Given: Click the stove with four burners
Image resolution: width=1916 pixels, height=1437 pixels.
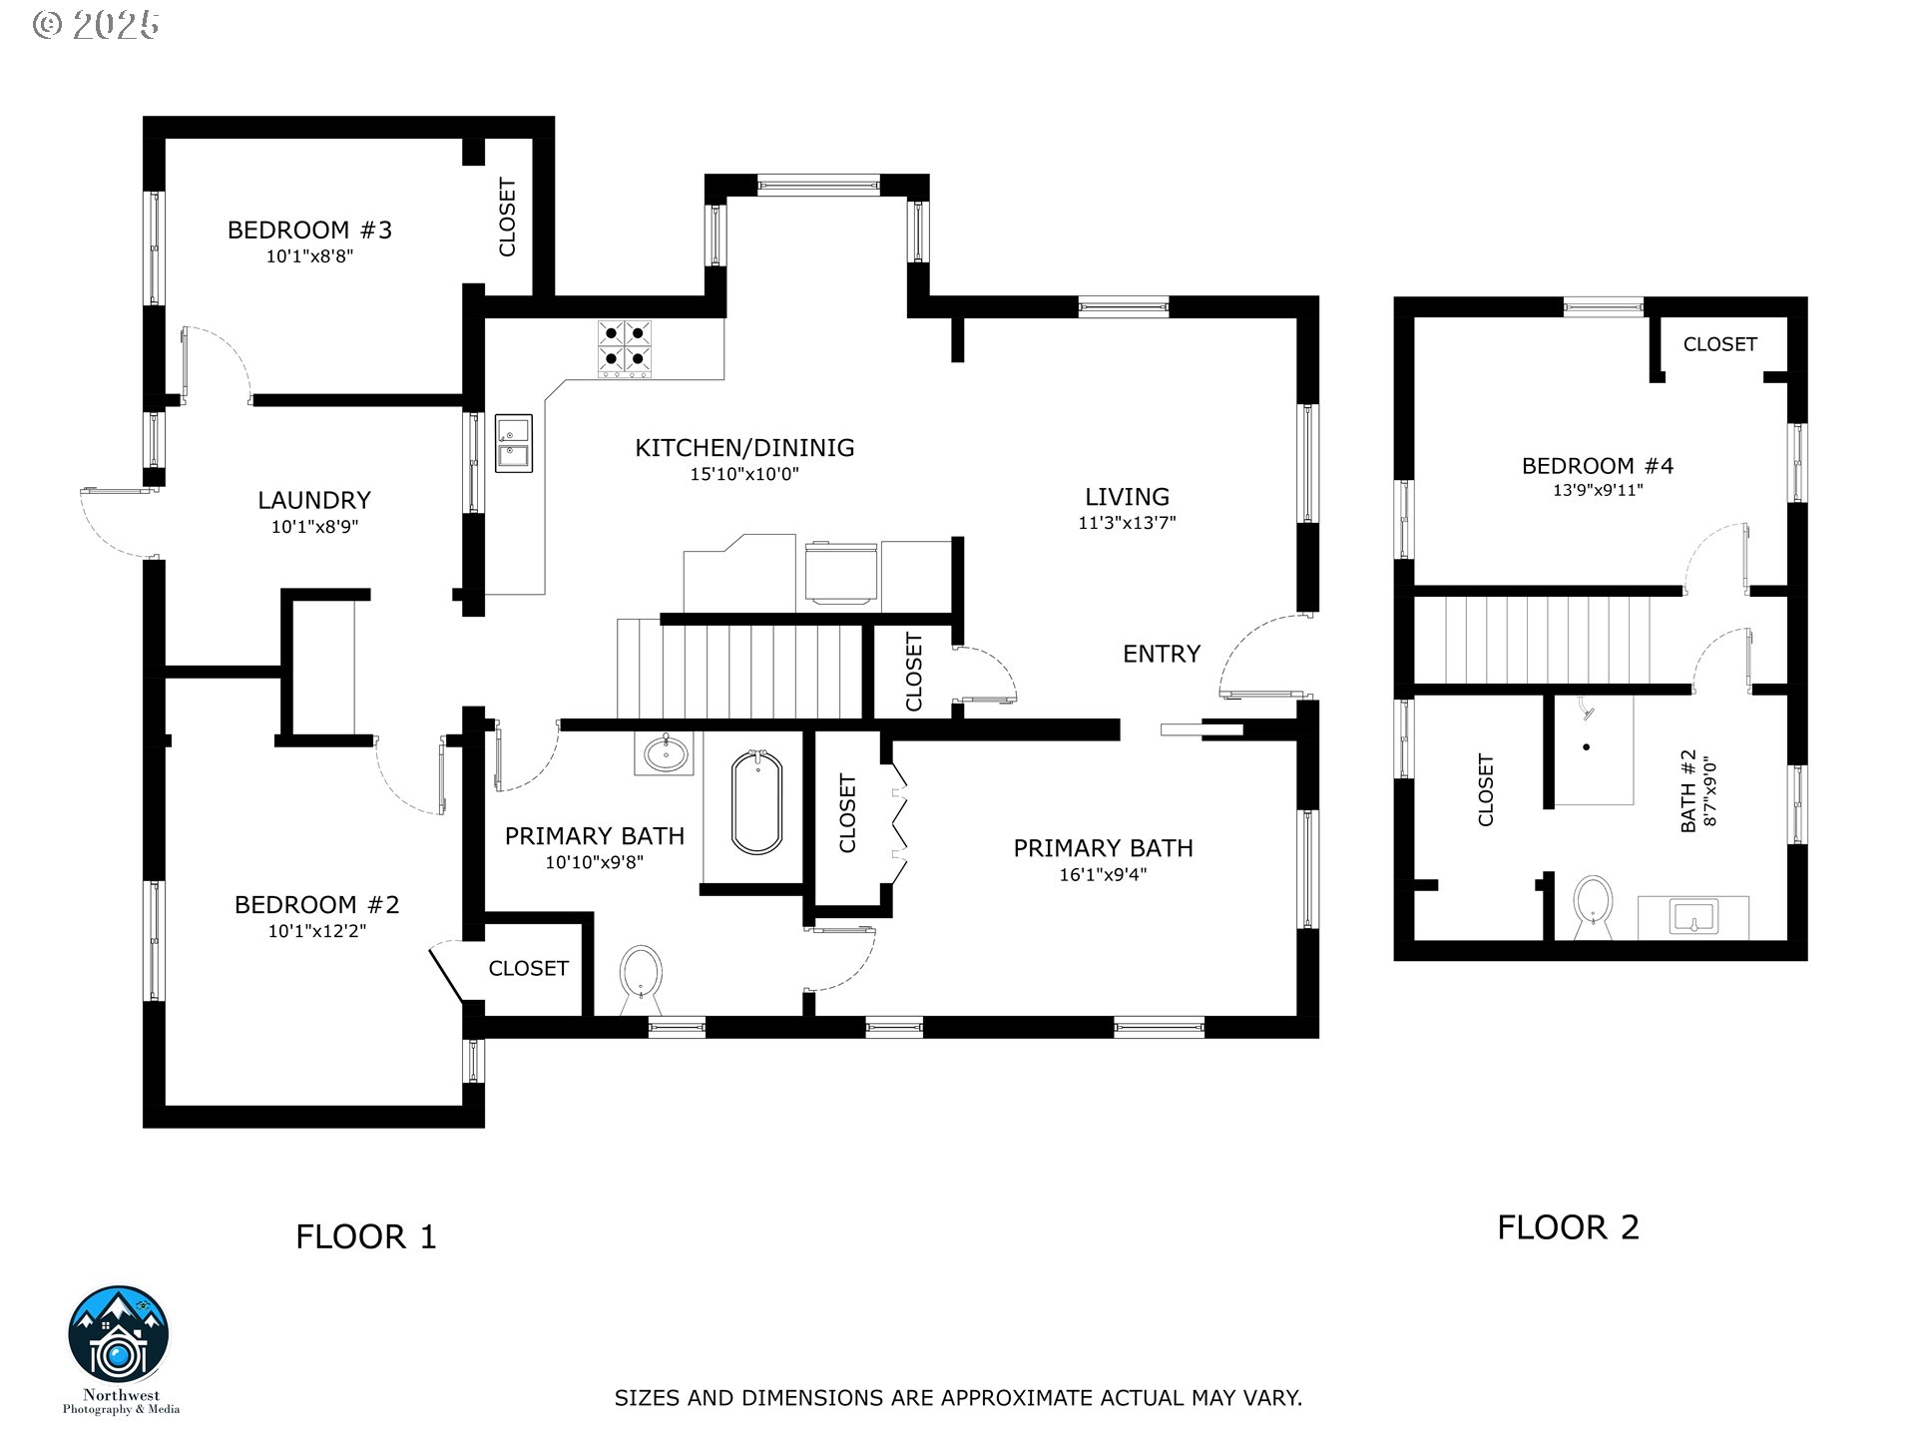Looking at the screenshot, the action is pyautogui.click(x=626, y=349).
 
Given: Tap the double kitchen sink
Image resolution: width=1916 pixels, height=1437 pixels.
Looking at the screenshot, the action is pyautogui.click(x=514, y=443).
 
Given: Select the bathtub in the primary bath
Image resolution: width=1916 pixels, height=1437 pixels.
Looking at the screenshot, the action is pyautogui.click(x=757, y=803).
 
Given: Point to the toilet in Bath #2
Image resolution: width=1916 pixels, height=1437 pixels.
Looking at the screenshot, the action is pyautogui.click(x=1593, y=906).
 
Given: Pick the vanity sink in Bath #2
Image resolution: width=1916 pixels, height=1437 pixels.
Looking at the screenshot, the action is pyautogui.click(x=1692, y=917).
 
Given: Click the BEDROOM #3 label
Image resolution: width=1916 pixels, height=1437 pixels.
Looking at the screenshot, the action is pyautogui.click(x=309, y=231).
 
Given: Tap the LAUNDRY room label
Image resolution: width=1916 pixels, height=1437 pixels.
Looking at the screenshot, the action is pyautogui.click(x=314, y=500).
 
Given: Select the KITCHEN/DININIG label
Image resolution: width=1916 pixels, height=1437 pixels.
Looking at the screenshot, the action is pyautogui.click(x=744, y=448).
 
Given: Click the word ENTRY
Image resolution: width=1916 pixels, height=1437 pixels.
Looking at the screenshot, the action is pyautogui.click(x=1162, y=654).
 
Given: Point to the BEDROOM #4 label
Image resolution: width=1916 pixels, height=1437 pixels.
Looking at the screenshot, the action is pyautogui.click(x=1597, y=466).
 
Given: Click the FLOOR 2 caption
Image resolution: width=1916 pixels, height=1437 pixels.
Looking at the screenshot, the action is pyautogui.click(x=1568, y=1227).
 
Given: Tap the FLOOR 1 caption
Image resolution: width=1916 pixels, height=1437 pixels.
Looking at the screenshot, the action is pyautogui.click(x=366, y=1237).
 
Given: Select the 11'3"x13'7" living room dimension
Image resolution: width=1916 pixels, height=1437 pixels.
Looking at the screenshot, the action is pyautogui.click(x=1127, y=522).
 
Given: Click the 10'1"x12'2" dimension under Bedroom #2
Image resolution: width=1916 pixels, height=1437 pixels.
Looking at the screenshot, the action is pyautogui.click(x=317, y=931).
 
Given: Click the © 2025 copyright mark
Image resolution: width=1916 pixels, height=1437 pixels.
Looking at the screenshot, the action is pyautogui.click(x=96, y=25).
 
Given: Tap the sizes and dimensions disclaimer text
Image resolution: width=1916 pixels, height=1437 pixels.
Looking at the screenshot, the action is pyautogui.click(x=958, y=1398).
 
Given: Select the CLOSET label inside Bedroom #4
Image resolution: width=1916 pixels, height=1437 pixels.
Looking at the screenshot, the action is pyautogui.click(x=1719, y=344).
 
